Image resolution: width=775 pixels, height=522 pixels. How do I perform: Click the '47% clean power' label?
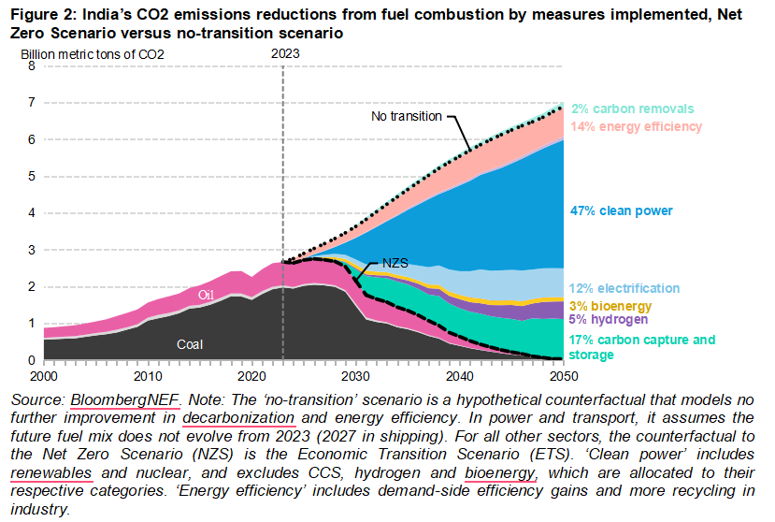pos(622,211)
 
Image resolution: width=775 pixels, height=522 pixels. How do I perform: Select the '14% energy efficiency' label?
pos(636,126)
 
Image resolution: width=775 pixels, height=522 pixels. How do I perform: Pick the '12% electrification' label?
pos(624,289)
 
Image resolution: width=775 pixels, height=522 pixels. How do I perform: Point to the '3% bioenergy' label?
pos(610,306)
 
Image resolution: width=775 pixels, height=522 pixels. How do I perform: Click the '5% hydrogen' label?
pos(609,320)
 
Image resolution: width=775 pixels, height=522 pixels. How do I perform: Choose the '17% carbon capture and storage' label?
pos(641,347)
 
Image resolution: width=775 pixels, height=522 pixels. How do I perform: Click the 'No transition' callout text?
pos(406,116)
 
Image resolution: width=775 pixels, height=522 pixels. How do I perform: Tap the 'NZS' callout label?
pos(395,264)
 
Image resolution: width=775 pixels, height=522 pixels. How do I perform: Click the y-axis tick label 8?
pos(31,66)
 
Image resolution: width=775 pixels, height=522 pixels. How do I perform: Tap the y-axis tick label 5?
pos(31,177)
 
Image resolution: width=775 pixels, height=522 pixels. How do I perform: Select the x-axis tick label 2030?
pos(355,375)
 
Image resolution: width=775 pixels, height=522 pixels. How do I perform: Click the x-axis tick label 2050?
pos(563,375)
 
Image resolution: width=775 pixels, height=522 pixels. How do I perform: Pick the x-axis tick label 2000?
pos(44,375)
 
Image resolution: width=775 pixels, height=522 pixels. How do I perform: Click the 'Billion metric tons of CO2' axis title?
pos(93,53)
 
